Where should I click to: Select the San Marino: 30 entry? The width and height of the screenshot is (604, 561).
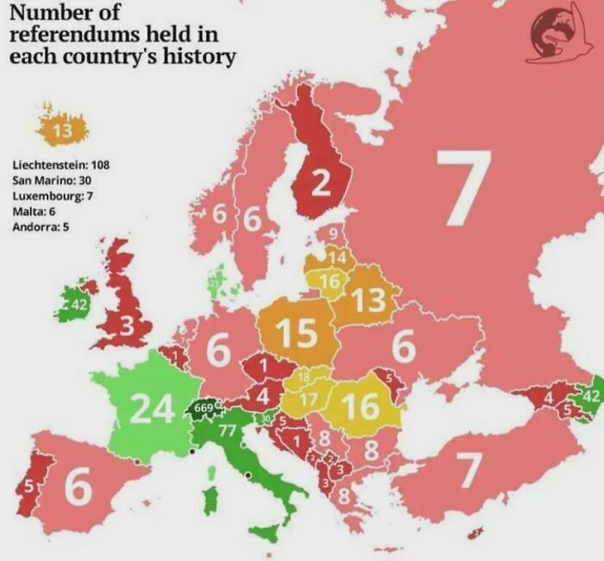[x=53, y=180]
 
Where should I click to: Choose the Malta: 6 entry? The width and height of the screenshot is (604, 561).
[x=36, y=211]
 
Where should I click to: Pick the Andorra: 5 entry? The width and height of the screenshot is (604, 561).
[x=41, y=227]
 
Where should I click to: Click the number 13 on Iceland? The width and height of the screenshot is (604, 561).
[x=61, y=131]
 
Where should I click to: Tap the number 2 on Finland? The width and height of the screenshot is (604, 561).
[x=320, y=183]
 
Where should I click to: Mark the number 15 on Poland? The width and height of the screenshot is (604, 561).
[x=295, y=332]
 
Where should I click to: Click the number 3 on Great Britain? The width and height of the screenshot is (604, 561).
[x=128, y=326]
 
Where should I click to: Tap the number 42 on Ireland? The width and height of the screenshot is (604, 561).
[x=79, y=305]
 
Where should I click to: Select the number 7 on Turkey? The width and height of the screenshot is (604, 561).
[x=466, y=470]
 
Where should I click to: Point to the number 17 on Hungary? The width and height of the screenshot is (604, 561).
[x=309, y=400]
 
